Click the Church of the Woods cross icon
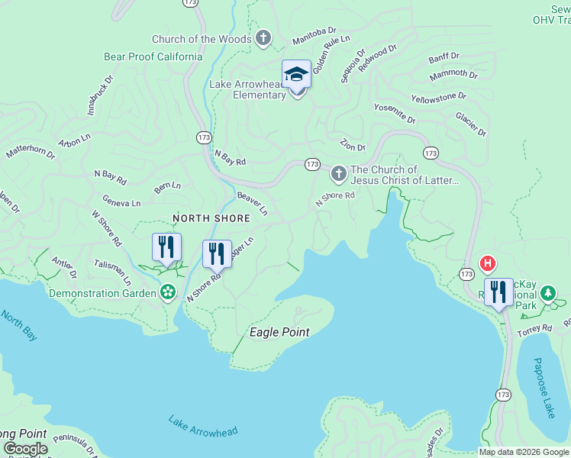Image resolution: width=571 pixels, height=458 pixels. (263, 38)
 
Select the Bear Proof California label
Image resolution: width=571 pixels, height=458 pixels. (153, 56)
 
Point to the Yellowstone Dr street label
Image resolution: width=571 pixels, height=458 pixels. (438, 98)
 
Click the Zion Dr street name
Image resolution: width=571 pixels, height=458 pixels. (353, 146)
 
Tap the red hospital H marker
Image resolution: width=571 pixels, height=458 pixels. (486, 265)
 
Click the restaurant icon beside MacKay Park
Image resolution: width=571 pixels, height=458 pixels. (498, 292)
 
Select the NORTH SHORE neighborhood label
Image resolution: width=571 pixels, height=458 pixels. (211, 218)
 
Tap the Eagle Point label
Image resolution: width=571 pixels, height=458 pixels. (279, 332)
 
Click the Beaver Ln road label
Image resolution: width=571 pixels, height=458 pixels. (253, 203)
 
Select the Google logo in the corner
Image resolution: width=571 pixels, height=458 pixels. (24, 449)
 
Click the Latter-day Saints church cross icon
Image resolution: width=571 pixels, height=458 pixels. (338, 176)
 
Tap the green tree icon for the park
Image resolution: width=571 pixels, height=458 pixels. (547, 293)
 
